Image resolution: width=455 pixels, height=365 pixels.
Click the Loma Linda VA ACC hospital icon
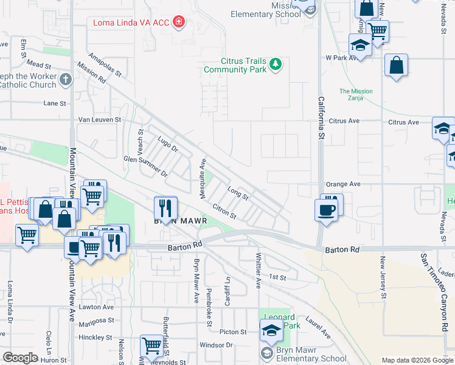coord(179,23)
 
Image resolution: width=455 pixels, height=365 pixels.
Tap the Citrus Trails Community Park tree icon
coord(276,64)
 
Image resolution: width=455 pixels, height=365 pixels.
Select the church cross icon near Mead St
coord(66,78)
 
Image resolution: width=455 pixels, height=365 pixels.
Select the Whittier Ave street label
coord(259,271)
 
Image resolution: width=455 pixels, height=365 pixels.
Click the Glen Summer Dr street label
coord(145,165)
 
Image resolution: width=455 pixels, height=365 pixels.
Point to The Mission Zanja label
coord(356,95)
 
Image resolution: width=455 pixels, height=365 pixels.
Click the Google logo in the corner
coord(20,358)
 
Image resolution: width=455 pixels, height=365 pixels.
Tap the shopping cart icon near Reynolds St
coord(151,346)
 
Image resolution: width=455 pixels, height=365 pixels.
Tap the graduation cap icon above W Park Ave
coord(360,45)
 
